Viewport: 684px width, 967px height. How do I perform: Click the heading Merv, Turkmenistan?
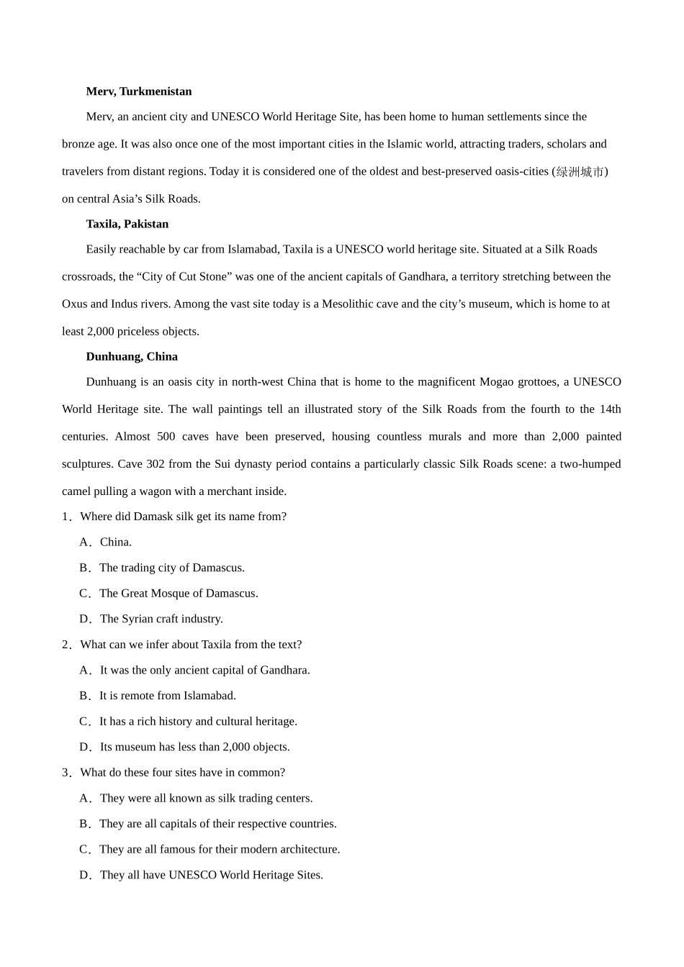click(138, 91)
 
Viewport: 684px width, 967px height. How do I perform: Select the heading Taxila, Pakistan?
click(127, 224)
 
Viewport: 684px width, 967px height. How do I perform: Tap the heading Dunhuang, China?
click(131, 356)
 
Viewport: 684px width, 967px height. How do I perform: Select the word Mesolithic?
click(350, 304)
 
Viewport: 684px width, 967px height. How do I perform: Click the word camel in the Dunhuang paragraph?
click(77, 491)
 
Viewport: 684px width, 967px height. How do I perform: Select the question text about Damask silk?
click(183, 517)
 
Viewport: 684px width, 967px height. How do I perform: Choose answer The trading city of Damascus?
click(171, 568)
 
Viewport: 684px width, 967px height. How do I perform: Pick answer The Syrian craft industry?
click(161, 619)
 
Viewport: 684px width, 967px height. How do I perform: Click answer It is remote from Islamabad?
click(167, 696)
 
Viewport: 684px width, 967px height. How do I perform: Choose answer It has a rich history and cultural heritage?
click(198, 721)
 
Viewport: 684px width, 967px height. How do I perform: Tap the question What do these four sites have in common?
click(182, 773)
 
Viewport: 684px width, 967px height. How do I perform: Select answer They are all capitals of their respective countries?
click(217, 824)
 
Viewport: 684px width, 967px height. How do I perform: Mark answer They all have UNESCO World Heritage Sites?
click(211, 875)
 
